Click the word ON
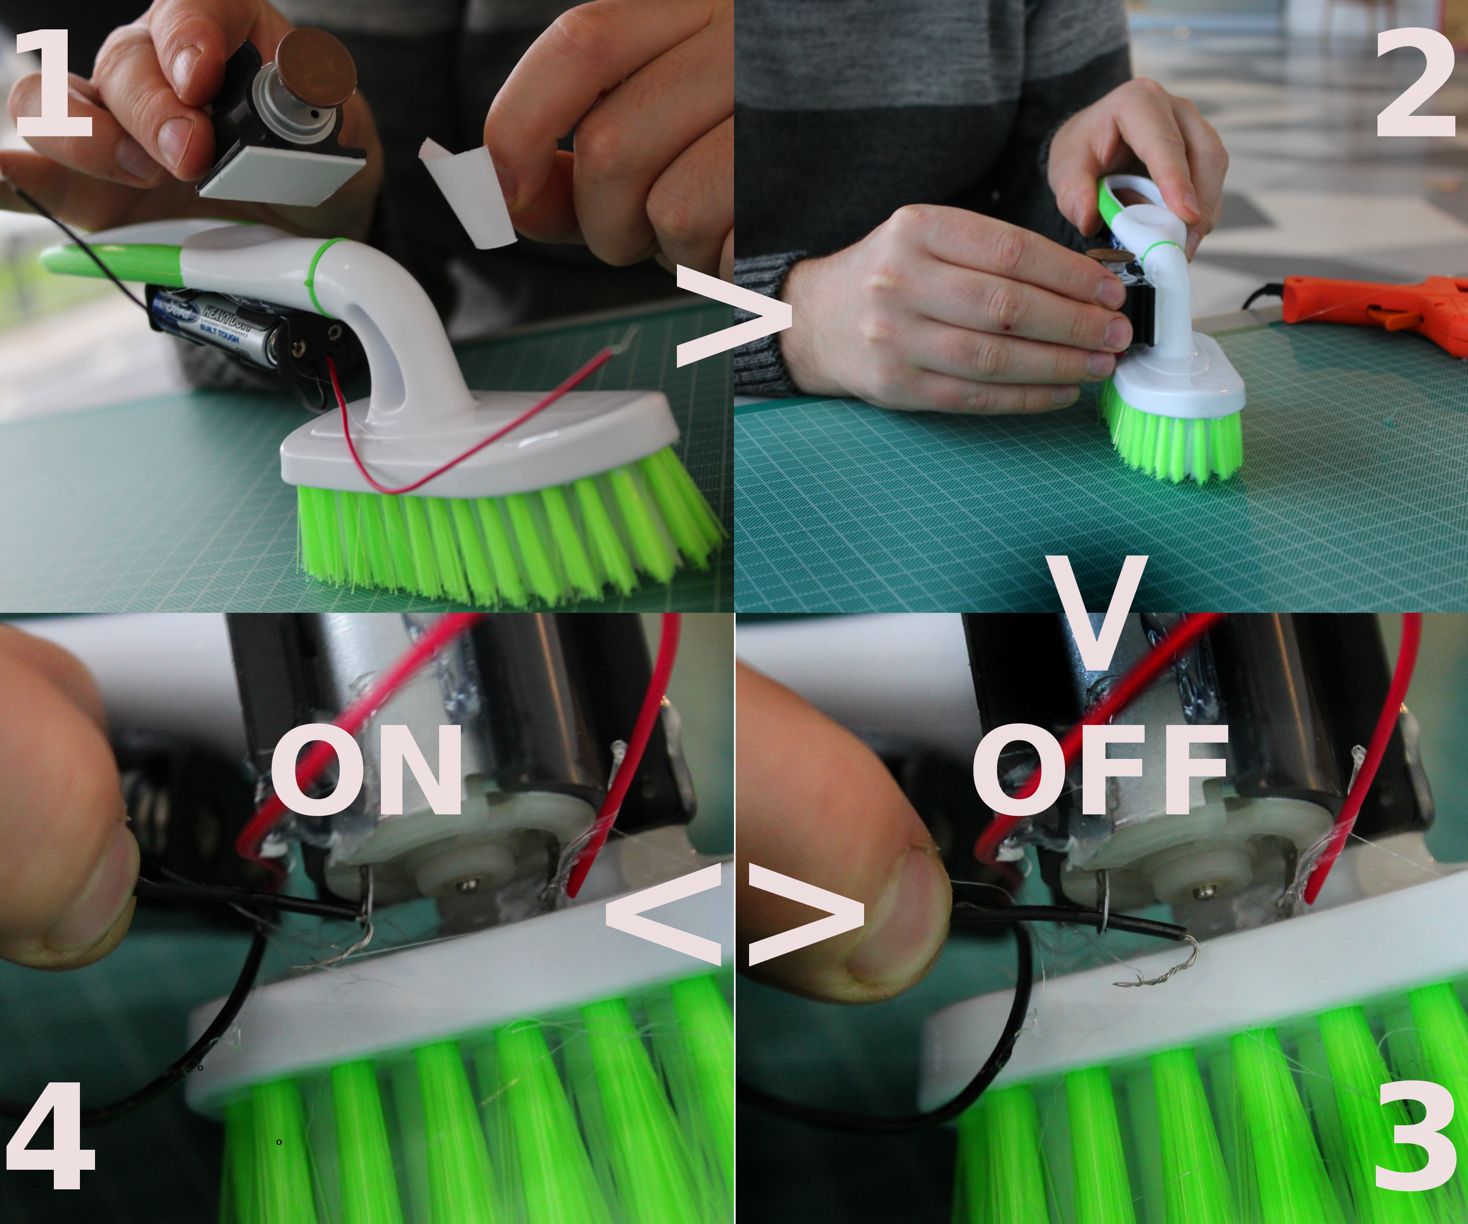(x=366, y=769)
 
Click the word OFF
(x=1100, y=769)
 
